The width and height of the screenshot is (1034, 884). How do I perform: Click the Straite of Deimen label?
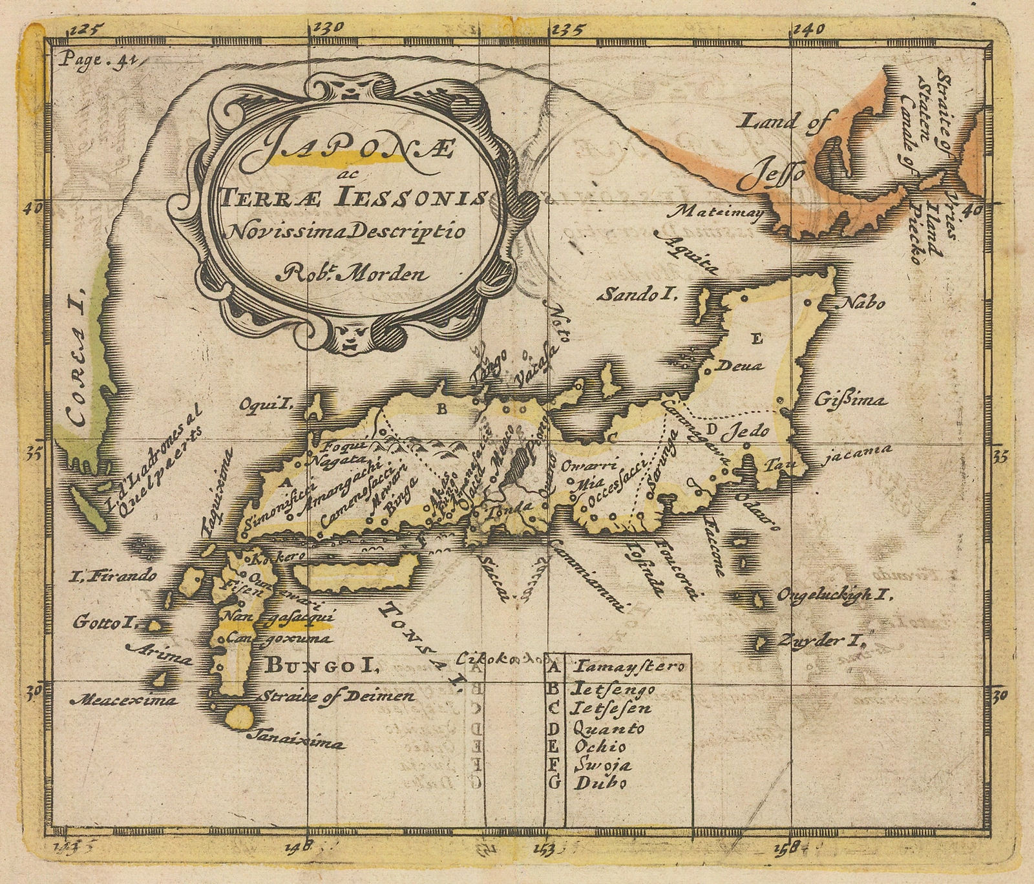tap(336, 697)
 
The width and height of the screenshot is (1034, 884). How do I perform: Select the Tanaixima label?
tap(296, 739)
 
